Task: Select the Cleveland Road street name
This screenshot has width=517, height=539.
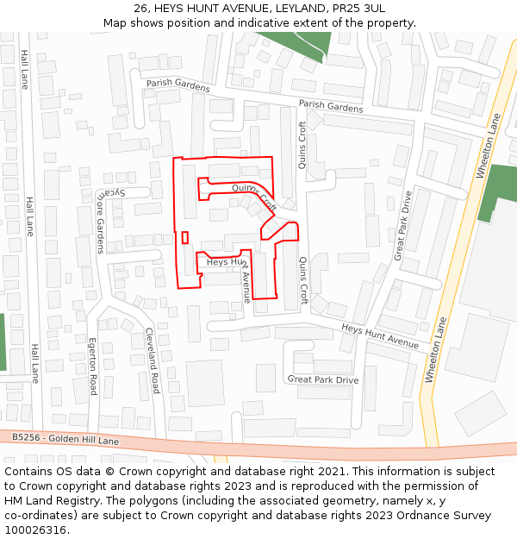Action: [153, 360]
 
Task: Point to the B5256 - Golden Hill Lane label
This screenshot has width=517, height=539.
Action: [65, 439]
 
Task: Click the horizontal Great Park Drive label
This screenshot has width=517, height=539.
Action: [323, 379]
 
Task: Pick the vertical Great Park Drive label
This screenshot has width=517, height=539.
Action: [402, 226]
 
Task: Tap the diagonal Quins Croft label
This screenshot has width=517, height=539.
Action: [254, 197]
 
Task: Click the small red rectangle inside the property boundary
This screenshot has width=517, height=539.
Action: [184, 237]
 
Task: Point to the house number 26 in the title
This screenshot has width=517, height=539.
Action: [140, 8]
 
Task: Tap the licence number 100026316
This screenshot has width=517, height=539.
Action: [35, 530]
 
